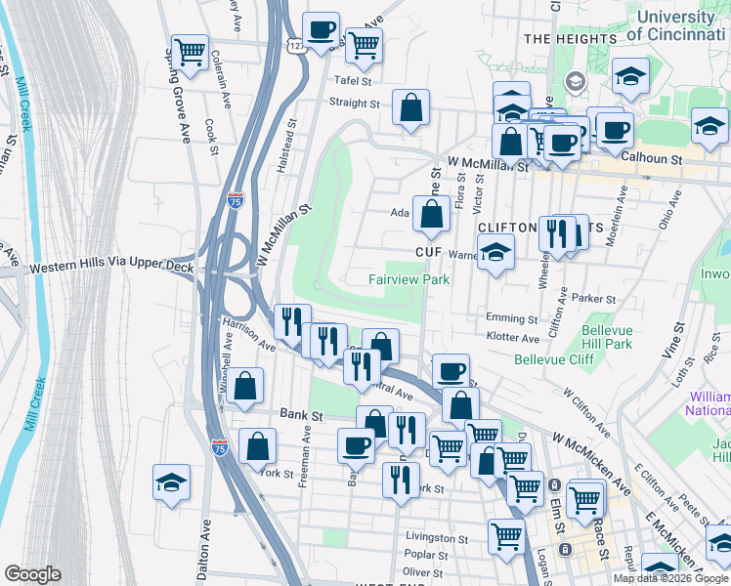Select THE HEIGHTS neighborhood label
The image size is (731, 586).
564,38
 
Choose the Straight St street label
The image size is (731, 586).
355,102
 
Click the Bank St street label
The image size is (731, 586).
302,414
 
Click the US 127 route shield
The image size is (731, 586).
296,45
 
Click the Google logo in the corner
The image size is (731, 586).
32,574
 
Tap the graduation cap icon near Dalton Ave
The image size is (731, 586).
171,481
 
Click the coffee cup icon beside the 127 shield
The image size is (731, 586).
321,29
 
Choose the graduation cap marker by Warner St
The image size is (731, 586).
495,253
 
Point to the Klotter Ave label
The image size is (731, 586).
513,338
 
